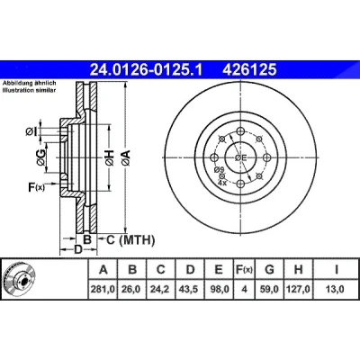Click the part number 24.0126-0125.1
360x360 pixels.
point(147,70)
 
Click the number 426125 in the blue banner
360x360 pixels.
point(249,70)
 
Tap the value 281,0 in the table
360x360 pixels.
point(103,289)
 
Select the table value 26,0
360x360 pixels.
point(130,289)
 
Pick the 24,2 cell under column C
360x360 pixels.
point(160,289)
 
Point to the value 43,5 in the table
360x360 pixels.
point(189,289)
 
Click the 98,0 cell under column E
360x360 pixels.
point(219,289)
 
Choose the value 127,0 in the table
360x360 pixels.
point(298,289)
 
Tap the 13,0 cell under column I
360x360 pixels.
point(335,289)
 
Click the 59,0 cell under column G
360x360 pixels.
point(269,289)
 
